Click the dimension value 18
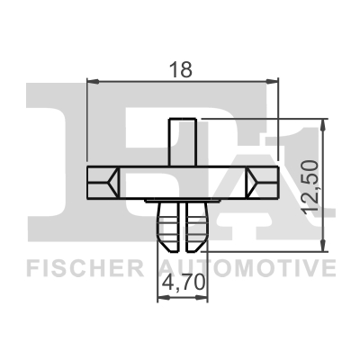click(180, 68)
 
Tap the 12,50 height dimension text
click(310, 187)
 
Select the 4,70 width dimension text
click(184, 283)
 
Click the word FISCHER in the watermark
click(85, 268)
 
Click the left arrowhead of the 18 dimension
click(93, 81)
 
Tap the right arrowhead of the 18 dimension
click(273, 81)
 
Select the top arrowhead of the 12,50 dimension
click(323, 124)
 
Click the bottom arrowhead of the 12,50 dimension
click(323, 246)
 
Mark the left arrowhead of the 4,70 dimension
click(163, 297)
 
